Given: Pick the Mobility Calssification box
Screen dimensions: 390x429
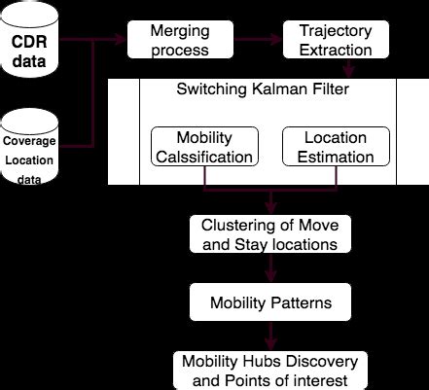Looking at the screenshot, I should click(x=204, y=146).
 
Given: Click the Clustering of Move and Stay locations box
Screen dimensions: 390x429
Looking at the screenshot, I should click(x=269, y=233).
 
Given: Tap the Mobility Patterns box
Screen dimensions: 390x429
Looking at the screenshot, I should click(x=269, y=302).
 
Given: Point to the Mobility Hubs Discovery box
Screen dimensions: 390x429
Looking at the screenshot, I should click(x=269, y=371).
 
